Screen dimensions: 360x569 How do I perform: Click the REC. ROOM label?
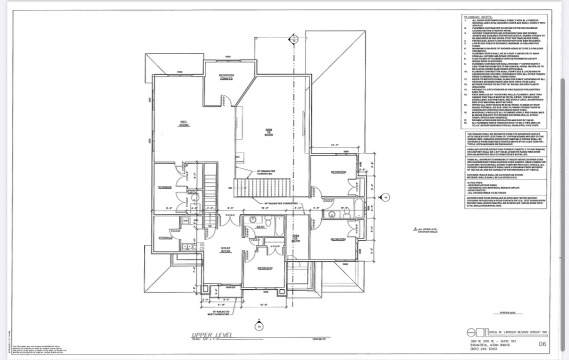pos(184,123)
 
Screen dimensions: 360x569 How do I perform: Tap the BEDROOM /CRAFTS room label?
pos(226,77)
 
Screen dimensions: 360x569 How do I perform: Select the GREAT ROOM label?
pos(225,249)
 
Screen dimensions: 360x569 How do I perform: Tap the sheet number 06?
pos(542,344)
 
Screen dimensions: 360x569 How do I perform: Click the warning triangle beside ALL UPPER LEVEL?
pos(415,229)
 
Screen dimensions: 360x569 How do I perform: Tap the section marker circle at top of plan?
pos(293,40)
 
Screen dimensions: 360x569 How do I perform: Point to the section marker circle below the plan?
pos(258,326)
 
